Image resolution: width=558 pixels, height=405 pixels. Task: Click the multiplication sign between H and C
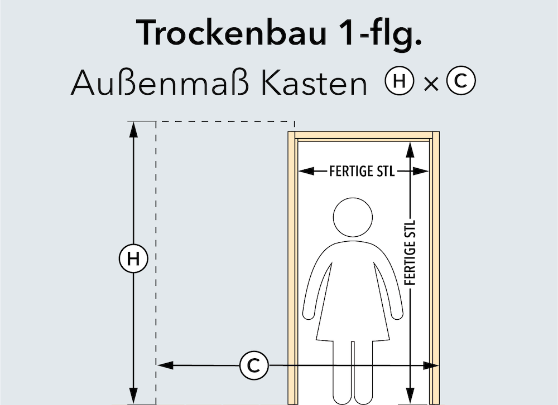(430, 84)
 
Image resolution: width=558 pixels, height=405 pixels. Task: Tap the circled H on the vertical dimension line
(133, 258)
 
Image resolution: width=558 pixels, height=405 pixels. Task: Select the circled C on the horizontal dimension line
(254, 365)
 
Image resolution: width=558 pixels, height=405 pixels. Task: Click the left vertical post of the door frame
(291, 267)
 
